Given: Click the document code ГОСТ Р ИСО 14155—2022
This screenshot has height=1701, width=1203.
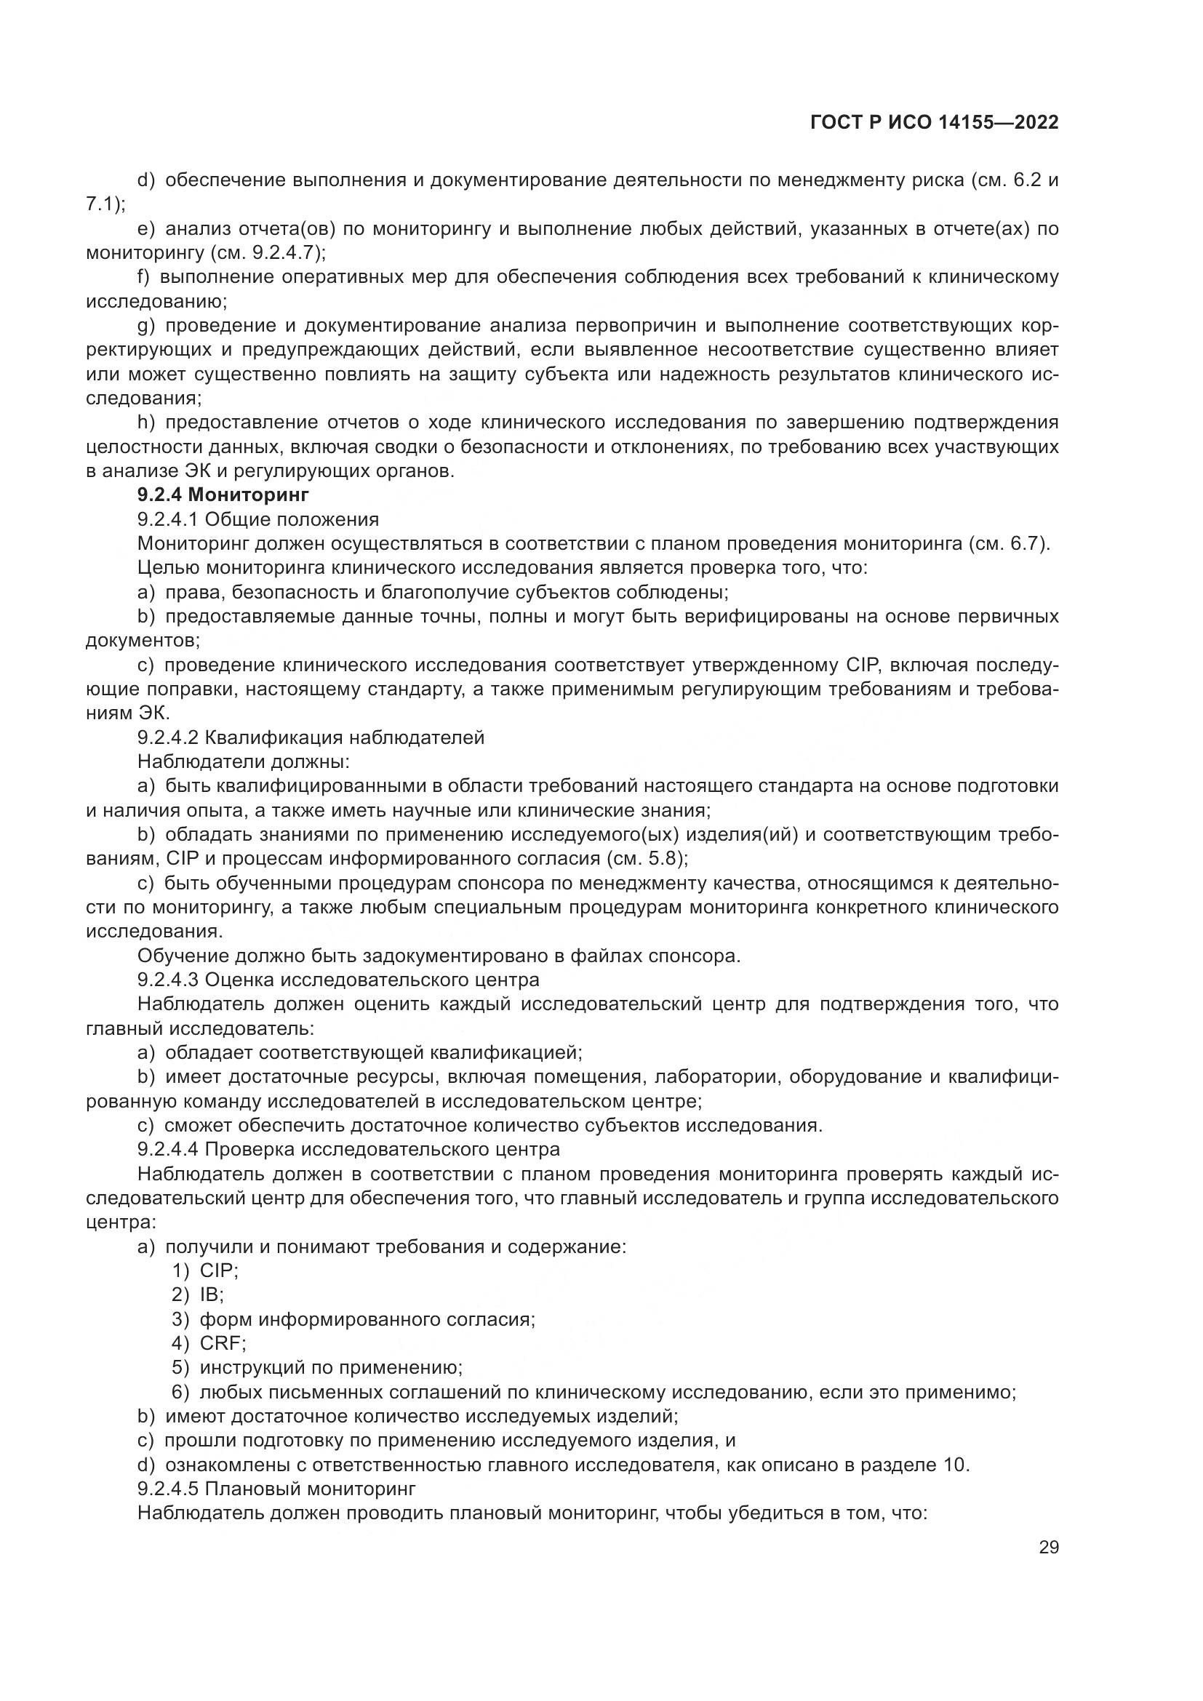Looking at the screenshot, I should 934,123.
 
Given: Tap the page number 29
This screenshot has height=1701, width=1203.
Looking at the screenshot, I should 1048,1547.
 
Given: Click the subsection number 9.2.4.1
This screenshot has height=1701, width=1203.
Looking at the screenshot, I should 168,519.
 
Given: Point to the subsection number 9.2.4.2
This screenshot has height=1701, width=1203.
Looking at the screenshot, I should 168,737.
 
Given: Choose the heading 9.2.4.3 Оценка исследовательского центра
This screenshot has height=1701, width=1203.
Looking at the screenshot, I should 337,980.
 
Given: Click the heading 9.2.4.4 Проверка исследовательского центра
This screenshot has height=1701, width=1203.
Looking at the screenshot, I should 348,1149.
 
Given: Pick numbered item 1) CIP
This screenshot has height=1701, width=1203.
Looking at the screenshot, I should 205,1270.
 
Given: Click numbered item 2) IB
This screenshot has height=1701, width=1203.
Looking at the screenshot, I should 198,1295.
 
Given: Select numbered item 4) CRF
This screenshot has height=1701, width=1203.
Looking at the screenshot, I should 209,1343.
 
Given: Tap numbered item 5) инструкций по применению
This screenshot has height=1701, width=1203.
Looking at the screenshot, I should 317,1368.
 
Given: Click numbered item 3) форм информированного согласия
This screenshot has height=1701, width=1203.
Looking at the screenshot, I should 353,1319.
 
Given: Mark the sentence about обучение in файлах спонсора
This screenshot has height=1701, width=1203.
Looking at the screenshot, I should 439,956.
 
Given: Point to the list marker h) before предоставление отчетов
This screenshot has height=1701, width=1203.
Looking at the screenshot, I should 145,423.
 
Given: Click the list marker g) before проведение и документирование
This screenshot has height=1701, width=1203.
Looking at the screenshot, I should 145,325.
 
